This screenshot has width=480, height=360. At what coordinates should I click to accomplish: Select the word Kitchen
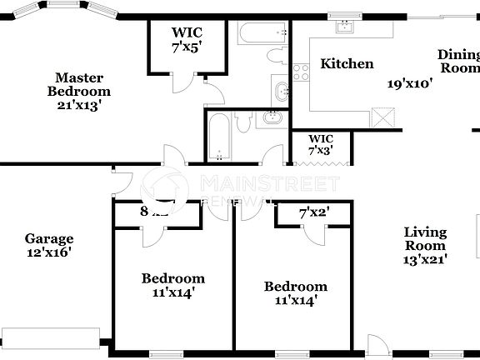click(x=347, y=64)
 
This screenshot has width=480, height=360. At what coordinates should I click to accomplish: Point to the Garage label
click(x=48, y=238)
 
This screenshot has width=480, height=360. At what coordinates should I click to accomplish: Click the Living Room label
click(x=425, y=239)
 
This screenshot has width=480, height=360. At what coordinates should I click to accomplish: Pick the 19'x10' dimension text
click(x=409, y=83)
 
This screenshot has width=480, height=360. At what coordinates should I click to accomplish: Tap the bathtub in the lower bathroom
click(x=218, y=135)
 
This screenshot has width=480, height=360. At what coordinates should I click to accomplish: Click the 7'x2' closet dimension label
click(x=315, y=212)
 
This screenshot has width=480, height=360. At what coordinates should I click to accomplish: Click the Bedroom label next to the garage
click(x=172, y=284)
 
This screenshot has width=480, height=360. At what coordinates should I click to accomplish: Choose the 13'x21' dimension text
click(x=425, y=259)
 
